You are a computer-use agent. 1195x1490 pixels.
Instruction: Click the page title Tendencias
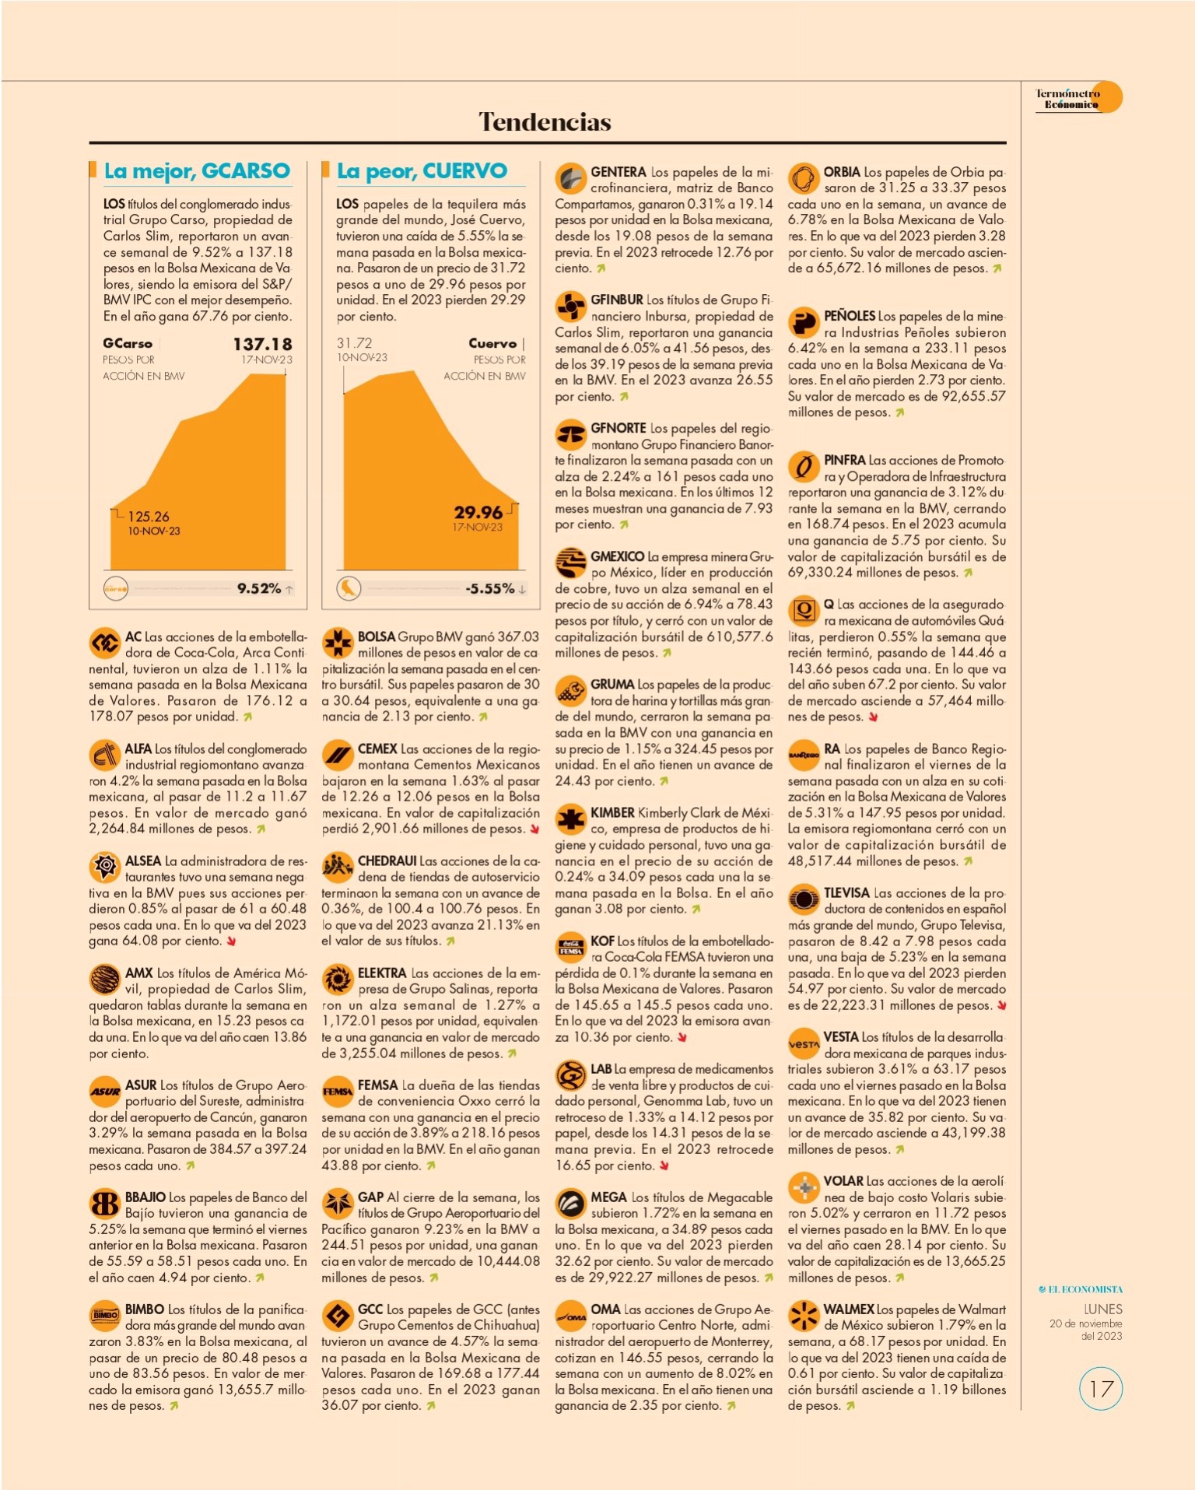click(545, 121)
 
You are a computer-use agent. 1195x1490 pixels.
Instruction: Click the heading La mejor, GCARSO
click(197, 171)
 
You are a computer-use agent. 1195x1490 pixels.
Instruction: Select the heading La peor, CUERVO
click(422, 171)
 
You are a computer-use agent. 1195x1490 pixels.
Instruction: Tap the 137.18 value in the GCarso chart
click(263, 344)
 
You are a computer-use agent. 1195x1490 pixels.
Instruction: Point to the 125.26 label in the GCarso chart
click(149, 517)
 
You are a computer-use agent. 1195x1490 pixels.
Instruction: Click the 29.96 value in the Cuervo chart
click(478, 512)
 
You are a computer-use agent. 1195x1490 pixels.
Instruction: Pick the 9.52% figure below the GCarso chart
click(259, 588)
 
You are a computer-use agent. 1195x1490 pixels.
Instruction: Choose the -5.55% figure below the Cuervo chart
click(490, 588)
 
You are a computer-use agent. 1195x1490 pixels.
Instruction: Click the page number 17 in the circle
click(1101, 1390)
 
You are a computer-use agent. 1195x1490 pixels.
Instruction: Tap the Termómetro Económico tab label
click(1067, 99)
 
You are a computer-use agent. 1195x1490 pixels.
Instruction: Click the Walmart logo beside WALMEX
click(804, 1316)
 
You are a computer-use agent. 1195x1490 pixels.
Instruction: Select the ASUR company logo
click(104, 1092)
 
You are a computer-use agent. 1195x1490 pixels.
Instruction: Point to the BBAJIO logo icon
click(104, 1204)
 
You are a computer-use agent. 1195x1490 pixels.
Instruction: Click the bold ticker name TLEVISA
click(846, 893)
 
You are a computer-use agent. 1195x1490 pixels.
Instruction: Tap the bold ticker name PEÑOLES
click(850, 316)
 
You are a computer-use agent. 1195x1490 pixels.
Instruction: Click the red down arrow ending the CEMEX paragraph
click(534, 829)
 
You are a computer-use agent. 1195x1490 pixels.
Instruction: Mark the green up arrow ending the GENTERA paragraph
click(601, 268)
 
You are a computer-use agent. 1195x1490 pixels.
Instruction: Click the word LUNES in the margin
click(1103, 1309)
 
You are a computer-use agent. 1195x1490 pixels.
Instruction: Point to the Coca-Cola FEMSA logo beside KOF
click(570, 947)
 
